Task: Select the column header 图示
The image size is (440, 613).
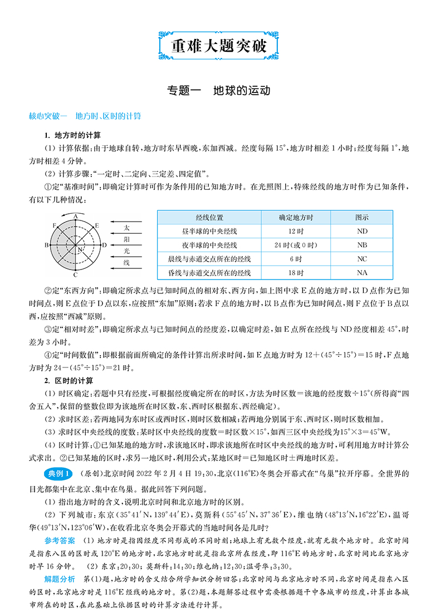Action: (x=362, y=217)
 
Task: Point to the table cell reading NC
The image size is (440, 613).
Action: (x=362, y=259)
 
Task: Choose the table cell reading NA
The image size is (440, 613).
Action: (x=362, y=273)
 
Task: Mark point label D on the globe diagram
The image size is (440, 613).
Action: (x=104, y=245)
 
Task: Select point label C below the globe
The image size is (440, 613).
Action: (x=75, y=275)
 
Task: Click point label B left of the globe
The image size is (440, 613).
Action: (x=47, y=245)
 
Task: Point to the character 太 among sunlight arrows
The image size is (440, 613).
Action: (x=126, y=228)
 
